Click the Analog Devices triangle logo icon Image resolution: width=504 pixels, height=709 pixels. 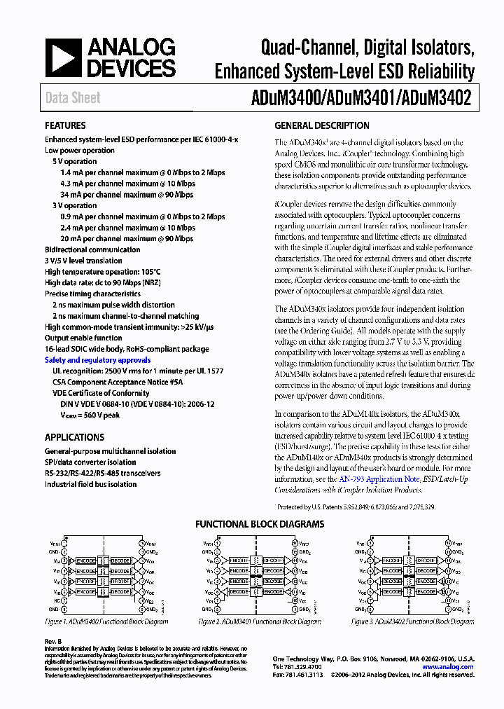pos(62,58)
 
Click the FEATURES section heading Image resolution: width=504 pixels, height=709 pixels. pos(65,126)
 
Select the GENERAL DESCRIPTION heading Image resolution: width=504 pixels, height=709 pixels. pos(321,126)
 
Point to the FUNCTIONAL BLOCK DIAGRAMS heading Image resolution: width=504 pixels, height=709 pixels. pos(259,524)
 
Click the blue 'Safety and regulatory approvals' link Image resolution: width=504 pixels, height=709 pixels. pos(97,360)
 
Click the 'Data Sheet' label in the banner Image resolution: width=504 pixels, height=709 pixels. pos(73,98)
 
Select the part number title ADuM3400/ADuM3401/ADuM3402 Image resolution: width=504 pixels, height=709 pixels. pos(370,98)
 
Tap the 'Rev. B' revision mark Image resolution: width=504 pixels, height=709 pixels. pos(54,642)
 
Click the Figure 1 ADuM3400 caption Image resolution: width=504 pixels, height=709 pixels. pos(106,622)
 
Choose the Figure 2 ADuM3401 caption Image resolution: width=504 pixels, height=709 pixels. pos(260,622)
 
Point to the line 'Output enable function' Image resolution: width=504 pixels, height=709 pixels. pos(83,338)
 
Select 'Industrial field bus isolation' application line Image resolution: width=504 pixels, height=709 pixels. pos(91,484)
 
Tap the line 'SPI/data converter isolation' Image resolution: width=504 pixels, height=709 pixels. pos(90,462)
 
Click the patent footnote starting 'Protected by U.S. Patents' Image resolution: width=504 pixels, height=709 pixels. pos(356,507)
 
